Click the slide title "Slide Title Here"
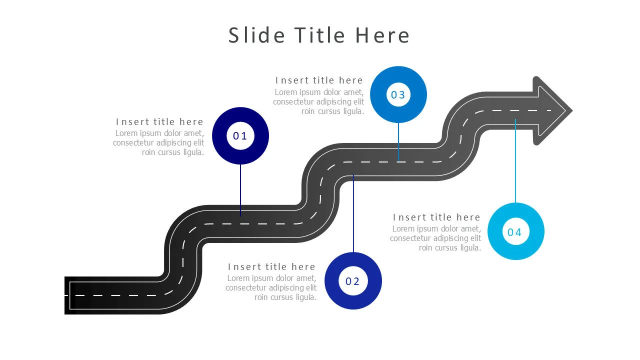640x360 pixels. [319, 35]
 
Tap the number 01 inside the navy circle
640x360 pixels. [239, 136]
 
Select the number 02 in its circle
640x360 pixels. [352, 281]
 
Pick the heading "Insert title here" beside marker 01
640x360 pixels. [159, 122]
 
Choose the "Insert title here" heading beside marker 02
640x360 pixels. [271, 267]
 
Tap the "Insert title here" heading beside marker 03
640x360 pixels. [319, 80]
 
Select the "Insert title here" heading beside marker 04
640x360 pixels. [436, 217]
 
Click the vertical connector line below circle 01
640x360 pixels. [240, 190]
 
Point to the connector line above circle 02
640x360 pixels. [353, 213]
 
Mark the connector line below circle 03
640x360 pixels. [398, 142]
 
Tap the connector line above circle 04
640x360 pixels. [515, 161]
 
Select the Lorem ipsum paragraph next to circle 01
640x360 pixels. [158, 143]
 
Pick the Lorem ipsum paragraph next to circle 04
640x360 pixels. [435, 238]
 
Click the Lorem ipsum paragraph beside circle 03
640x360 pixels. [318, 102]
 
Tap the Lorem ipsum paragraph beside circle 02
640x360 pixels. [271, 287]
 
